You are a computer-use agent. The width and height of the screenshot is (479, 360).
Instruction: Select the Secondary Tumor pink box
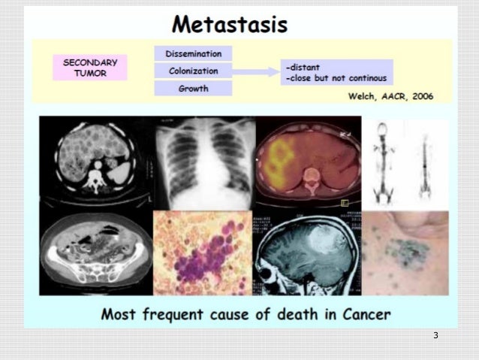pos(89,66)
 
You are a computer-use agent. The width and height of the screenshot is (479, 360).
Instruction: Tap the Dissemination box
pos(193,53)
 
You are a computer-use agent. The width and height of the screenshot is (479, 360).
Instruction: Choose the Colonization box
pos(193,71)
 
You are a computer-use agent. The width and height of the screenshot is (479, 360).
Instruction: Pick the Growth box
pos(193,88)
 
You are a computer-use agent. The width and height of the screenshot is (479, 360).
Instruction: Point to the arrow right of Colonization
pos(256,71)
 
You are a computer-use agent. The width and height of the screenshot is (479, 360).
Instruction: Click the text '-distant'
pos(304,66)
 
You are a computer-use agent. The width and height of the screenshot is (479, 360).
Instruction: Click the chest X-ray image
pos(203,162)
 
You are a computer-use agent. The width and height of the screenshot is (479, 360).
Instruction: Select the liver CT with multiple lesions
pos(95,161)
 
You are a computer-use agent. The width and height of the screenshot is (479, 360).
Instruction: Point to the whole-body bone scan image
pos(405,162)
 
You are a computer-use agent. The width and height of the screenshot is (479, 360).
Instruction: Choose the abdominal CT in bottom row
pos(95,253)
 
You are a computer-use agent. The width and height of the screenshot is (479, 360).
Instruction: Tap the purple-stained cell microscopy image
pos(203,253)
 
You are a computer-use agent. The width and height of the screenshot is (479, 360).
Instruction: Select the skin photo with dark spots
pos(405,253)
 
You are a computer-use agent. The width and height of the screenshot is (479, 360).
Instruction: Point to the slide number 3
pos(435,335)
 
